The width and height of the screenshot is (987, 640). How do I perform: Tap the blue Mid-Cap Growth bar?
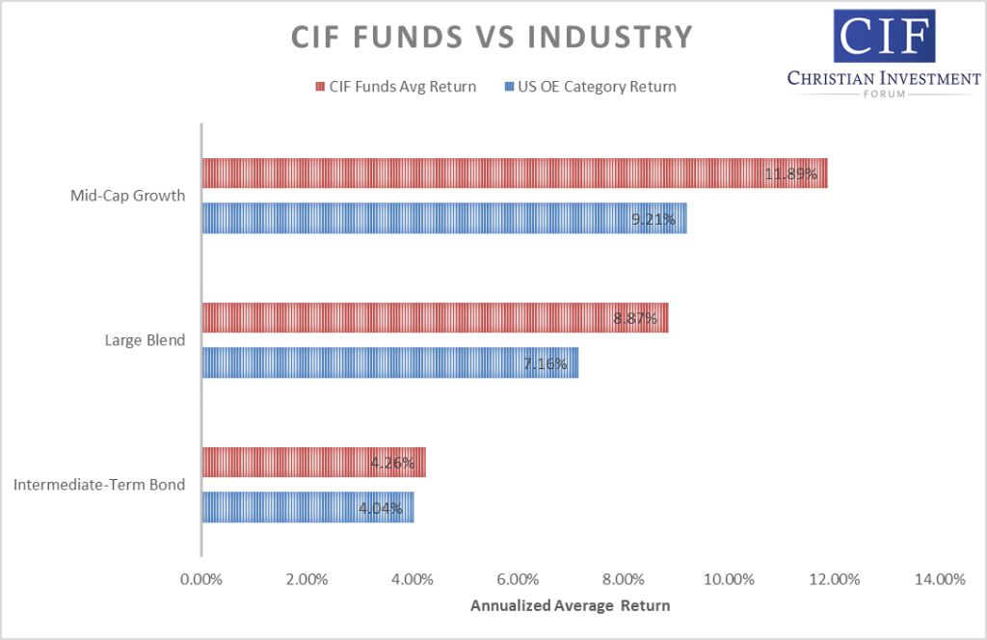tap(443, 218)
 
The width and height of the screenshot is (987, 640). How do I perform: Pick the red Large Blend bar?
tap(434, 317)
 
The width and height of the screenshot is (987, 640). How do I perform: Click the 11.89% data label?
tap(790, 174)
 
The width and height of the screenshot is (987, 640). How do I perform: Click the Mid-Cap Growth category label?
tap(127, 196)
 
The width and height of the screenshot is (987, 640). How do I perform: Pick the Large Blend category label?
tap(144, 340)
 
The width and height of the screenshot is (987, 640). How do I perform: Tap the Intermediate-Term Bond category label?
tap(99, 485)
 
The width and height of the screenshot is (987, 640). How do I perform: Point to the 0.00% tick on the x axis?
tap(200, 579)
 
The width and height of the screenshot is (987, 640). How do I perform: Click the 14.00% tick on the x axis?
tap(939, 579)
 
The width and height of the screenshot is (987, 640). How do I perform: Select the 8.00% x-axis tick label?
tap(623, 579)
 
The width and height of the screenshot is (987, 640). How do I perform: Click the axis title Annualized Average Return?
tap(570, 607)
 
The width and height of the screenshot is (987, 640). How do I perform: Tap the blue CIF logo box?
tap(885, 36)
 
